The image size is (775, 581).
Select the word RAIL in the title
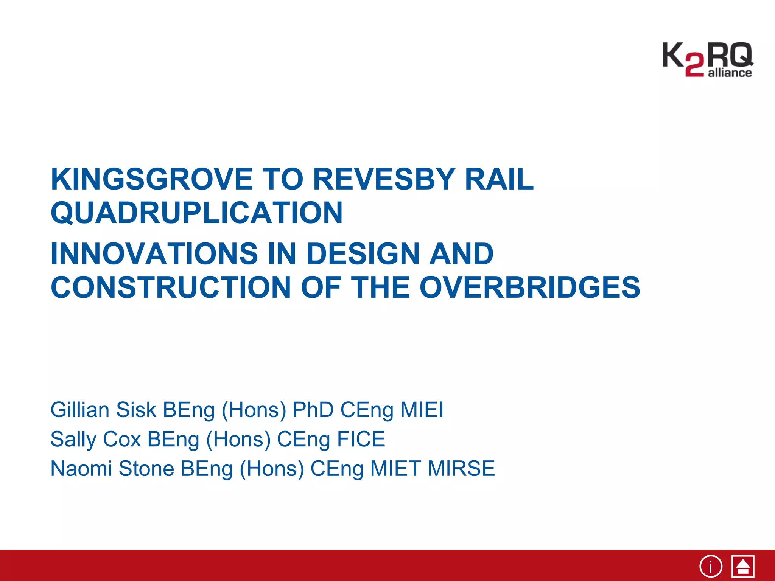(x=499, y=179)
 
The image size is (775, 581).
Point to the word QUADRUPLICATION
(x=197, y=213)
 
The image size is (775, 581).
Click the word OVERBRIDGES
(x=530, y=287)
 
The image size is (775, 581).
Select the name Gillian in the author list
(x=80, y=410)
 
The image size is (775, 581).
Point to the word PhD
(x=313, y=410)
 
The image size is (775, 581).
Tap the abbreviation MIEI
(x=422, y=410)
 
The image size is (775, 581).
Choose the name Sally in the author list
(x=73, y=440)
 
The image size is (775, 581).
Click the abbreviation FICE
(x=361, y=439)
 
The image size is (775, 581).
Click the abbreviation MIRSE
(x=461, y=469)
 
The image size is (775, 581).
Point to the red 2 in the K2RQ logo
(x=694, y=65)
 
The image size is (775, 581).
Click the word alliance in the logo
(x=730, y=73)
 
